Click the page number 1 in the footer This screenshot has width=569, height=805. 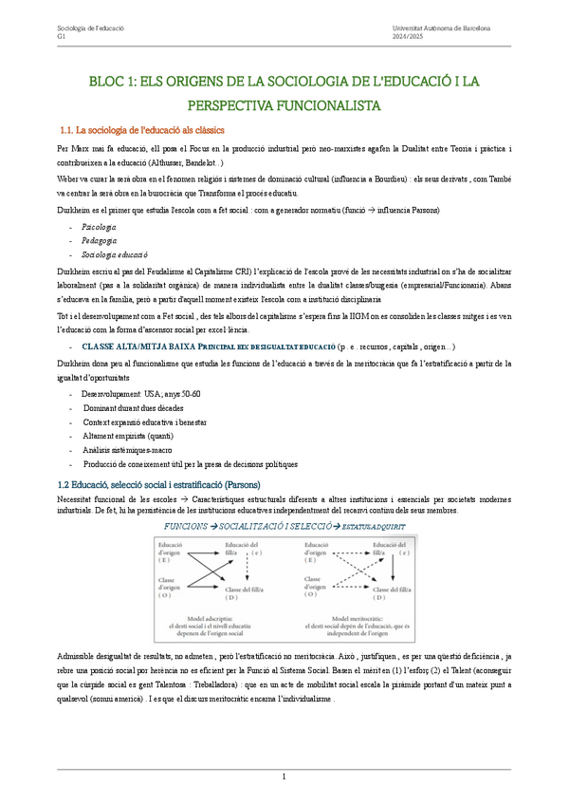point(284,777)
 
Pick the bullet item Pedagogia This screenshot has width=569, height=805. point(100,241)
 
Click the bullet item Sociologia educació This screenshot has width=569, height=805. point(115,255)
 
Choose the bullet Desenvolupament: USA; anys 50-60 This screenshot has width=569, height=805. point(140,393)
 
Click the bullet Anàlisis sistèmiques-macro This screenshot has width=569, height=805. point(130,450)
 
